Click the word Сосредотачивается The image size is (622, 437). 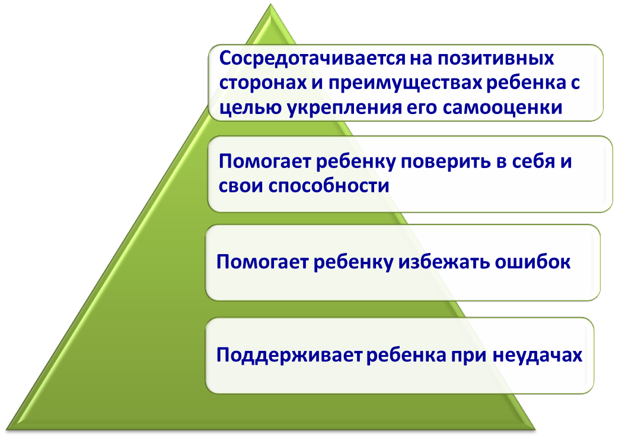(313, 59)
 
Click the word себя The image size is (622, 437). (532, 161)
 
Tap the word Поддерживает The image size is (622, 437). (289, 354)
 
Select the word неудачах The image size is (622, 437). (538, 355)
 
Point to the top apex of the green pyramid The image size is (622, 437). (270, 5)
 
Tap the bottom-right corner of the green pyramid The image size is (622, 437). (535, 429)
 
